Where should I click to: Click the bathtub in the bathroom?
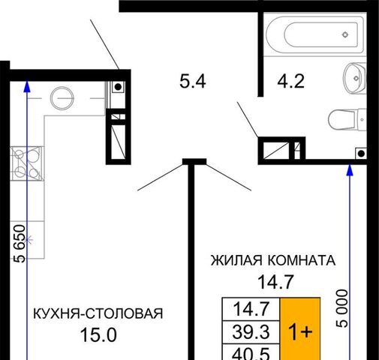click(315, 34)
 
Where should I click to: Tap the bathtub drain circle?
click(345, 34)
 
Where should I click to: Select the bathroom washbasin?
click(355, 78)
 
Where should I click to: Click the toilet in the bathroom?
click(347, 119)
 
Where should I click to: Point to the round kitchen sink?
click(62, 98)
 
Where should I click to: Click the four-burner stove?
click(27, 163)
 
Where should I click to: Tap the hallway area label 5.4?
click(193, 82)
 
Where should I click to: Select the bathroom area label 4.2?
click(291, 81)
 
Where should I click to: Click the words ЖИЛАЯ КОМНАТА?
click(273, 260)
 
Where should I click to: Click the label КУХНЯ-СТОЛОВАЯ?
click(98, 313)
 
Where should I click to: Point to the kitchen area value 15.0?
click(98, 335)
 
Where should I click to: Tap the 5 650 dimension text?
click(20, 244)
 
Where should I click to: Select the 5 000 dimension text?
click(341, 308)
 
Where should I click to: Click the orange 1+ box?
click(300, 328)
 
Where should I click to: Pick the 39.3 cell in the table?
click(251, 332)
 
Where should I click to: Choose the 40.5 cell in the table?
click(251, 352)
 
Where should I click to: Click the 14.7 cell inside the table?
click(251, 309)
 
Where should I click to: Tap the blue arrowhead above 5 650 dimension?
click(27, 85)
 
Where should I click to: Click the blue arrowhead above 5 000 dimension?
click(350, 169)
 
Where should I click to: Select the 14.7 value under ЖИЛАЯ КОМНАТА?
click(275, 282)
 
